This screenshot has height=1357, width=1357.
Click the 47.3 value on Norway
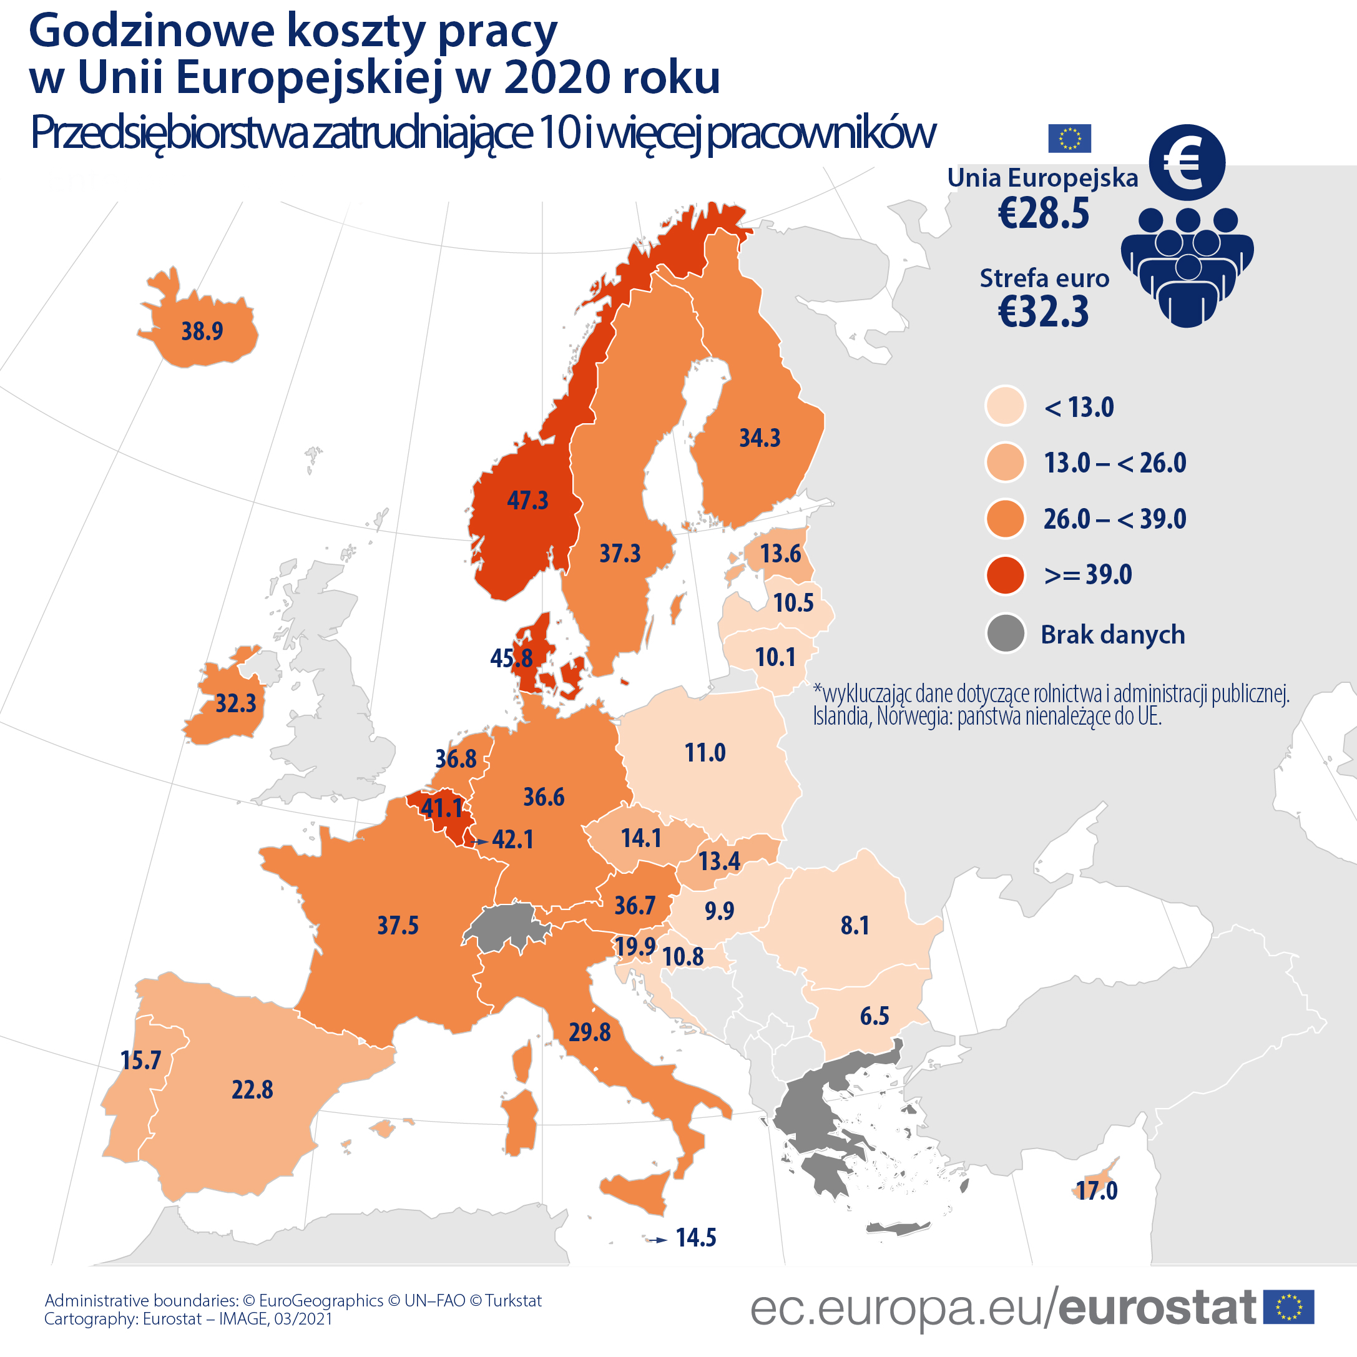(527, 501)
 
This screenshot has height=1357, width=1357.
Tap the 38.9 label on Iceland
(202, 331)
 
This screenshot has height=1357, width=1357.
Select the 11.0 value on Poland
(705, 753)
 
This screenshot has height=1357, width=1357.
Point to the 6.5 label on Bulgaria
(874, 1016)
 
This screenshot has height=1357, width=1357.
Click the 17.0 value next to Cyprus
(1097, 1190)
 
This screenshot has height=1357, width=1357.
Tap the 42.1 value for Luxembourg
(512, 840)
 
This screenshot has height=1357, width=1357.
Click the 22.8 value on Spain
(252, 1090)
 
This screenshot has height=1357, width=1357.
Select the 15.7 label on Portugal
(140, 1061)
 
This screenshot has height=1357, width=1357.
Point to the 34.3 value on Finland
(759, 438)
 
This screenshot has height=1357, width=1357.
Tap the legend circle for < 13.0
(1005, 406)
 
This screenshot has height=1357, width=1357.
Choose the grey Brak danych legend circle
(1005, 634)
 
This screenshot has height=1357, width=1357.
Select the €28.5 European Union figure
(1043, 213)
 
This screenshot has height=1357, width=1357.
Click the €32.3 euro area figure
(1043, 312)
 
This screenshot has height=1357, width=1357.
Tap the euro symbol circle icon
(1187, 162)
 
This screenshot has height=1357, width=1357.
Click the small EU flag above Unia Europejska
(1069, 139)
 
